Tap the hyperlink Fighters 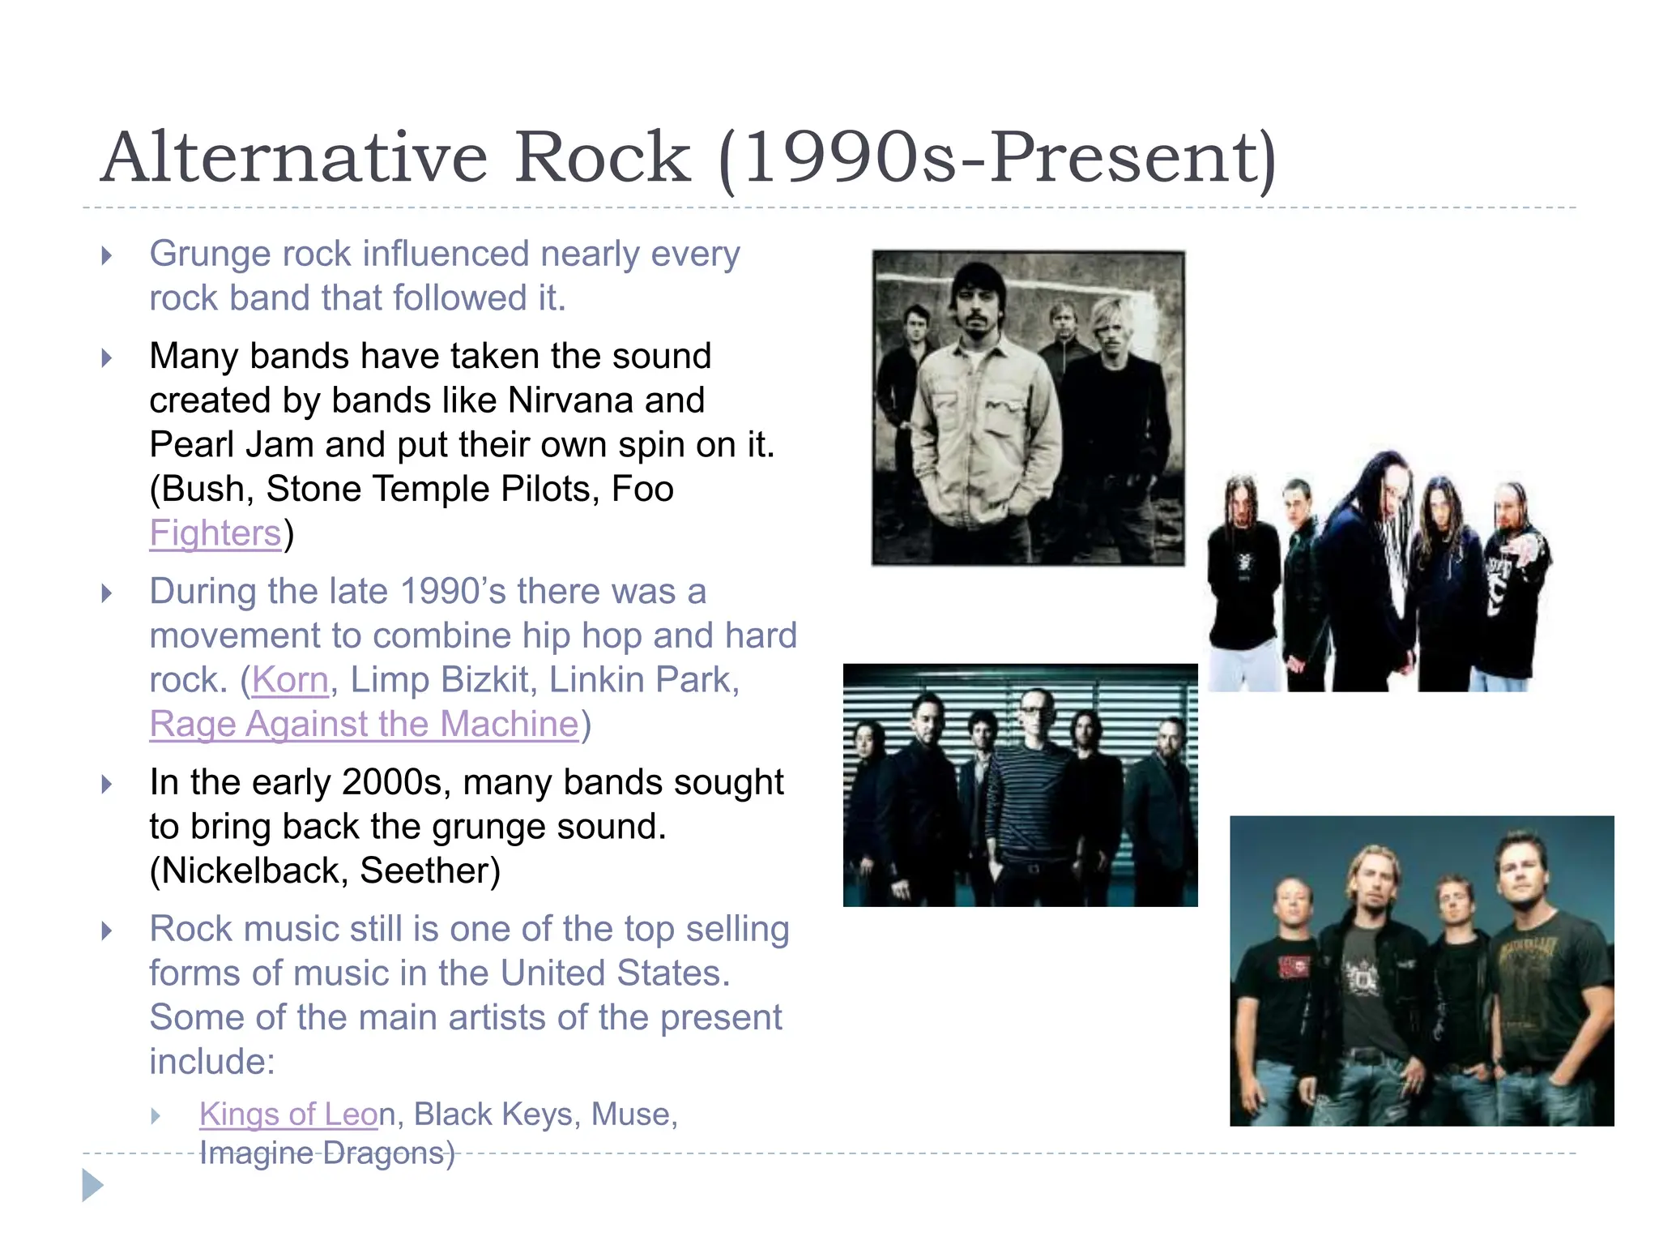215,533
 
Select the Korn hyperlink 290,680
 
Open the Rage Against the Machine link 365,725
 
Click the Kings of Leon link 288,1115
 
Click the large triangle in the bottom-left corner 92,1185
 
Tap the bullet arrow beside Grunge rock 107,256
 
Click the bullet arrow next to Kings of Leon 156,1117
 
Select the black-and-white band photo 1028,408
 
